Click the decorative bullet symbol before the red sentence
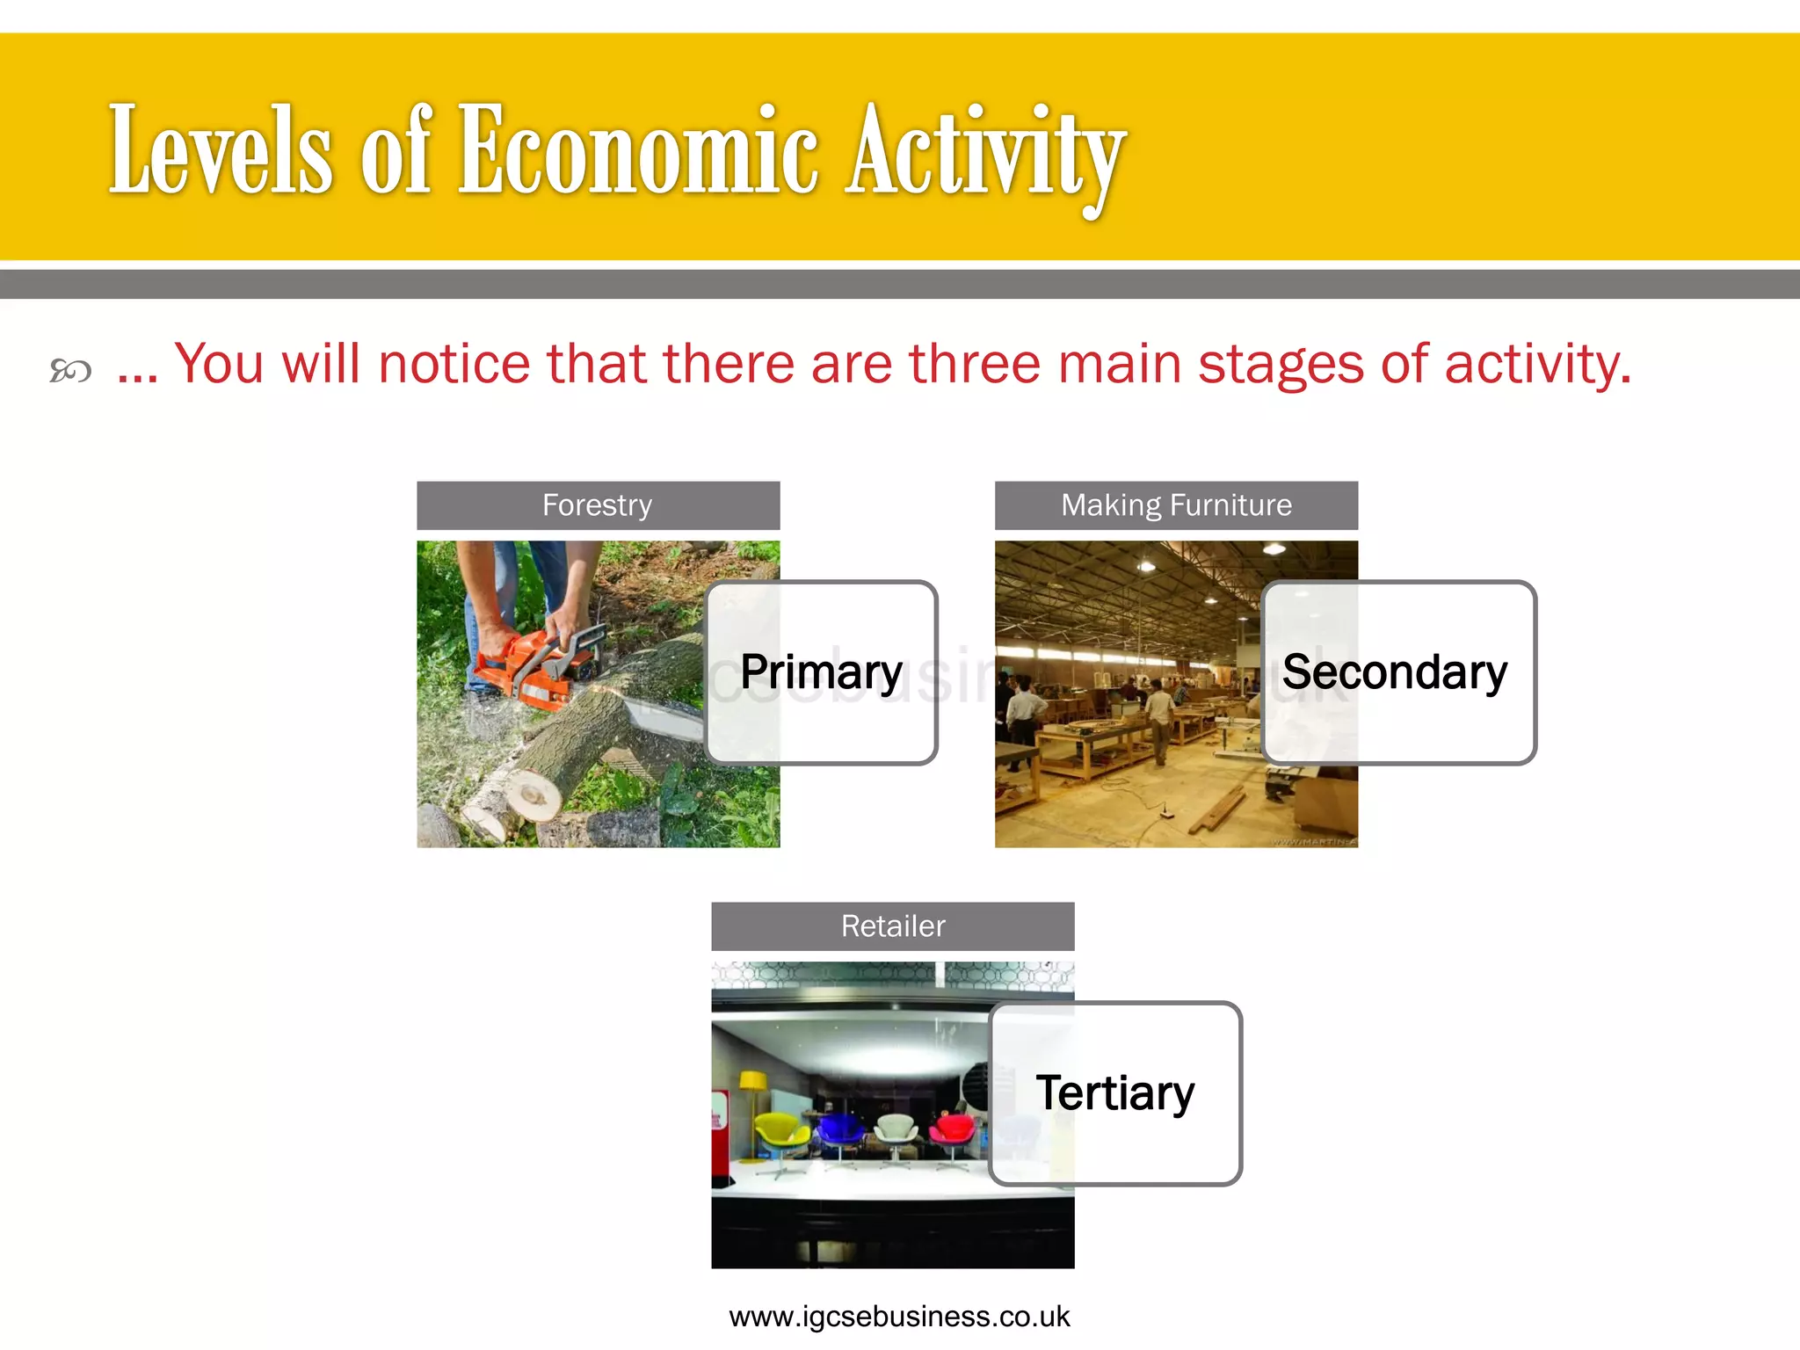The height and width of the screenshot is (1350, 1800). click(70, 371)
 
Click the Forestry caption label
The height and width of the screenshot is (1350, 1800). click(598, 505)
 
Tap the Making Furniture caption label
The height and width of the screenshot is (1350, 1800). click(1176, 505)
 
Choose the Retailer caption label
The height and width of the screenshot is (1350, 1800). click(892, 926)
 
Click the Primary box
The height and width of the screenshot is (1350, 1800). click(821, 672)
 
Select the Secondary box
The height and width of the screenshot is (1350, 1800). click(1397, 672)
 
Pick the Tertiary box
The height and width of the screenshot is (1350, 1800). click(1114, 1093)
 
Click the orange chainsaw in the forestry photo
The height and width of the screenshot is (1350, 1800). click(527, 668)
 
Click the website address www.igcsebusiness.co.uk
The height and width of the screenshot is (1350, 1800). click(899, 1317)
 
